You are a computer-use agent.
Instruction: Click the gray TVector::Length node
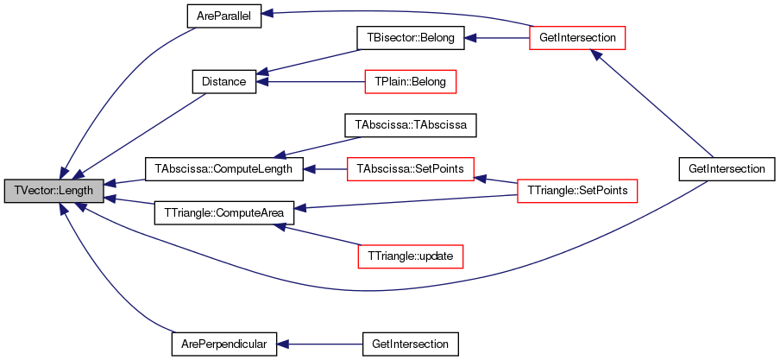click(x=53, y=191)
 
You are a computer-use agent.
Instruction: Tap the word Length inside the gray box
click(x=76, y=191)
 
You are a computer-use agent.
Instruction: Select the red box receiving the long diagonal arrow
click(x=576, y=38)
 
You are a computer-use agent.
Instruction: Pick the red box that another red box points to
click(x=410, y=169)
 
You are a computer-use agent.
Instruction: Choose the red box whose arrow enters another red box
click(x=576, y=191)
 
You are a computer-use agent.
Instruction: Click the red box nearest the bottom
click(x=410, y=256)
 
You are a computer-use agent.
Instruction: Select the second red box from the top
click(x=410, y=82)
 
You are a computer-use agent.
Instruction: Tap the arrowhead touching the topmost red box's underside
click(x=594, y=54)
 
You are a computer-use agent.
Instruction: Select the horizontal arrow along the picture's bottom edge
click(x=319, y=344)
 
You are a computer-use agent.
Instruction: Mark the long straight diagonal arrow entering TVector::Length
click(x=142, y=134)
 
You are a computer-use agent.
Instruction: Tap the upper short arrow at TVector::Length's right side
click(x=123, y=182)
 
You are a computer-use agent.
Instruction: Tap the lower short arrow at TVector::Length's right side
click(x=129, y=202)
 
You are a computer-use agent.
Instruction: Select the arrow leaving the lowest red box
click(x=316, y=235)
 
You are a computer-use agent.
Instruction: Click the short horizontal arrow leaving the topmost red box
click(x=495, y=38)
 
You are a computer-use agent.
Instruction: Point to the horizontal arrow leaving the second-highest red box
click(x=311, y=82)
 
